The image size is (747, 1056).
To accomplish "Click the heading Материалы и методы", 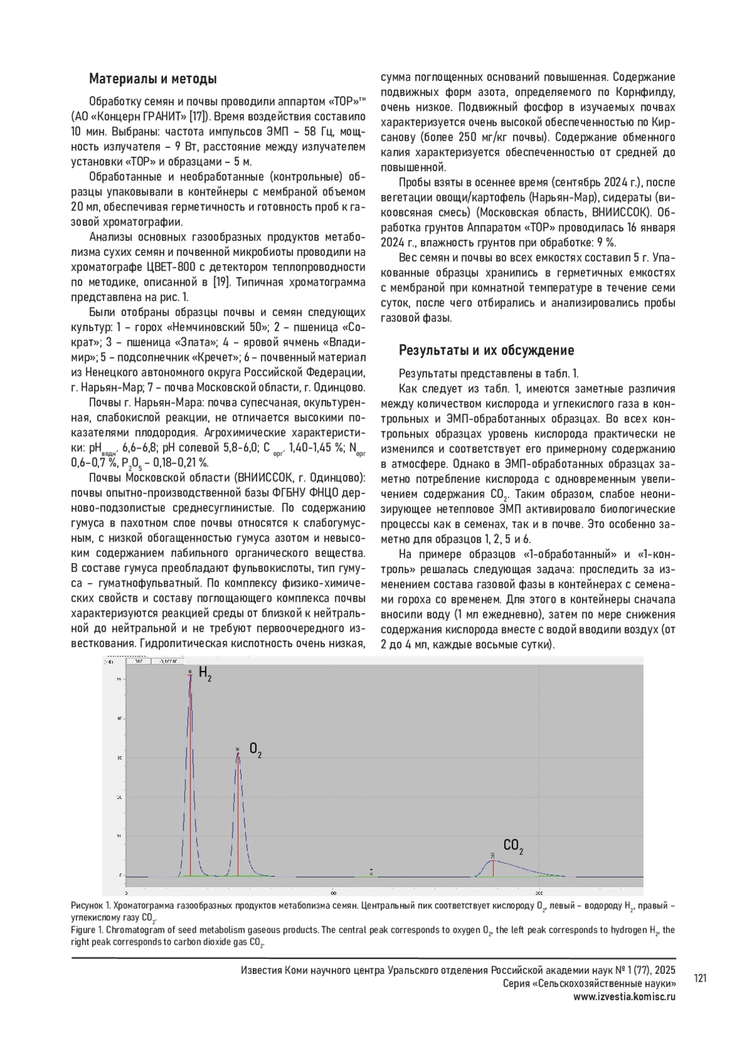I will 153,79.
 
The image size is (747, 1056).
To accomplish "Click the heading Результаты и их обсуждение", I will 486,350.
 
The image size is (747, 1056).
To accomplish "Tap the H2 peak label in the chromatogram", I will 205,673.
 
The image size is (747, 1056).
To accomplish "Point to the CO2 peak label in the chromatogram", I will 513,846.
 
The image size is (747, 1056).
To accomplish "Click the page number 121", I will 700,979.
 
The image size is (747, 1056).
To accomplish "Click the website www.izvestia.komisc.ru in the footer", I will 624,996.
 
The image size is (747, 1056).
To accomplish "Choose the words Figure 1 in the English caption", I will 87,930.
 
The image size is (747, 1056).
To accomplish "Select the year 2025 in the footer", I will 664,970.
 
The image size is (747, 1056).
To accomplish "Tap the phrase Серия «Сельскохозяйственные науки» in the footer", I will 589,984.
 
